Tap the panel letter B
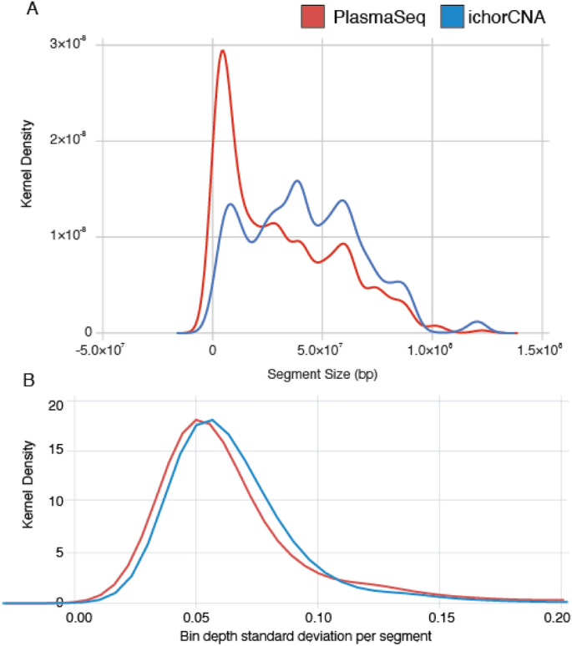[x=9, y=385]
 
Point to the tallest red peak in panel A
[x=222, y=51]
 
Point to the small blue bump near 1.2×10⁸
[x=478, y=322]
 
